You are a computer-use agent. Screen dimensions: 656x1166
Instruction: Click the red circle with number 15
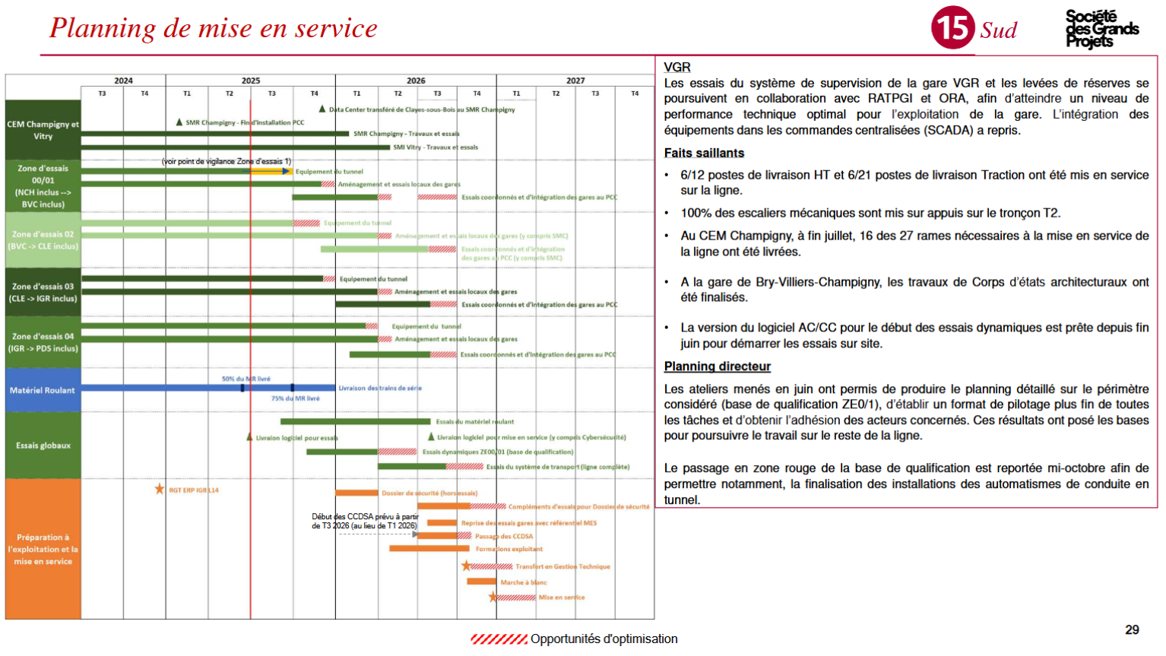tap(952, 28)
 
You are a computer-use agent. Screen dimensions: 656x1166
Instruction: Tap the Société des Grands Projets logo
tap(1101, 29)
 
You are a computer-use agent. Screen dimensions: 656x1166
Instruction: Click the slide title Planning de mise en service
tap(214, 28)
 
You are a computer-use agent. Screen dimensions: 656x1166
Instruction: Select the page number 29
tap(1132, 629)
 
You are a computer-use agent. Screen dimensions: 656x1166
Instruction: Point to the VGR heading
tap(676, 67)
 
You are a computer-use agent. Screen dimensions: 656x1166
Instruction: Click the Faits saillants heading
tap(704, 153)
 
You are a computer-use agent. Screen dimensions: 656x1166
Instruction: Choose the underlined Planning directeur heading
tap(717, 366)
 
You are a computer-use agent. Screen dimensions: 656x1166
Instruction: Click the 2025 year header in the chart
tap(250, 81)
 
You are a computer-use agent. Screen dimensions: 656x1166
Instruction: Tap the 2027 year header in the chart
tap(575, 81)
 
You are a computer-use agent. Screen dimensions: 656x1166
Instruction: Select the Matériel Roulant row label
tap(43, 390)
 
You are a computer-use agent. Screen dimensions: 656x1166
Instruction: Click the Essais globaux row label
tap(43, 445)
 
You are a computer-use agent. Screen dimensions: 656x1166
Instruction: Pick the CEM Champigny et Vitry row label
tap(43, 130)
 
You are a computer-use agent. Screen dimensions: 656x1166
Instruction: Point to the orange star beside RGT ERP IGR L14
tap(160, 489)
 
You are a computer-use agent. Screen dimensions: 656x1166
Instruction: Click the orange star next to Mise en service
tap(493, 597)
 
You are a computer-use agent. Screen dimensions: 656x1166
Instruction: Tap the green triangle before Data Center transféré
tap(322, 109)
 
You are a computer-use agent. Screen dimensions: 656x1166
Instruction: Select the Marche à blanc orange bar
tap(481, 582)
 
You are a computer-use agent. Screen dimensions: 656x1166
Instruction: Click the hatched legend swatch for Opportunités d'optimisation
tap(498, 639)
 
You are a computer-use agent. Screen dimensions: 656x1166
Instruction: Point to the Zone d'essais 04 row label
tap(43, 342)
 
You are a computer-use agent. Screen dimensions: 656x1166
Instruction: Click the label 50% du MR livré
tap(246, 379)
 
